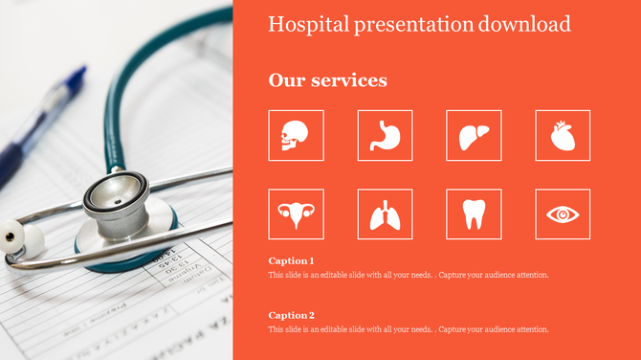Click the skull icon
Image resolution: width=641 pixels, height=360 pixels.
[x=296, y=135]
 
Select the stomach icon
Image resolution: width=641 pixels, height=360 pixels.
[x=385, y=135]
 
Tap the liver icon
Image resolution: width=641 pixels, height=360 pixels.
[x=474, y=135]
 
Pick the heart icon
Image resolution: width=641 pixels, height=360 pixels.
[x=563, y=136]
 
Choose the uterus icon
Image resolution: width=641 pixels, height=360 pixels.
[x=296, y=214]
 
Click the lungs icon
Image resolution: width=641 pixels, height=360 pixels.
[x=385, y=214]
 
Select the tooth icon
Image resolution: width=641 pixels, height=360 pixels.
[x=474, y=214]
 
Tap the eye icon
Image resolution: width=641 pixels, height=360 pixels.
[x=563, y=214]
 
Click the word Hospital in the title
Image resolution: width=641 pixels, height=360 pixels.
[x=300, y=24]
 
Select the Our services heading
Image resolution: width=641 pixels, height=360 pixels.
[x=328, y=80]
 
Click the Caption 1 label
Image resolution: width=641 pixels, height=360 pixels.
[x=291, y=260]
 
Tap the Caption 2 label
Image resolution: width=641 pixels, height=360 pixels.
[x=291, y=315]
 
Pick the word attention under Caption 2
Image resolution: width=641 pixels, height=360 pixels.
[x=531, y=329]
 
